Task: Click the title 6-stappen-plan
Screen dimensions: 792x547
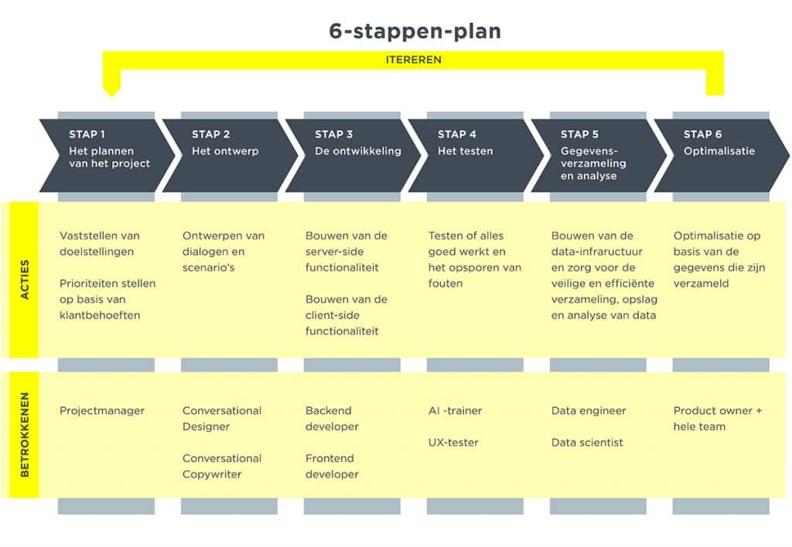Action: coord(415,31)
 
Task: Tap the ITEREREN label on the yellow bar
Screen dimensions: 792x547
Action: coord(414,59)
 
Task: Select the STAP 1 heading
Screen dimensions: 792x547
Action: coord(87,134)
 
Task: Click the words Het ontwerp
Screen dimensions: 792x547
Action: coord(225,151)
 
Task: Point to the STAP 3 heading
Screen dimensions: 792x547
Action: coord(333,134)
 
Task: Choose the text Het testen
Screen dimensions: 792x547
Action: coord(465,151)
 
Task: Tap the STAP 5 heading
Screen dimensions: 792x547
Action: coord(579,134)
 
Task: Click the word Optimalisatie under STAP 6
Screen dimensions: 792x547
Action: coord(719,151)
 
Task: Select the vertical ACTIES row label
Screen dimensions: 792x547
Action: coord(24,280)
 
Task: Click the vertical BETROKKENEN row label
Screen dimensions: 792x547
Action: coord(24,435)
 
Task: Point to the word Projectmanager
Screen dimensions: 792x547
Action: coord(102,411)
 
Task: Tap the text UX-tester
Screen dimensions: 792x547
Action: coord(453,443)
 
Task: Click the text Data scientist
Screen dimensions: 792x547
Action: coord(587,443)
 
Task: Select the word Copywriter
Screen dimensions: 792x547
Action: coord(212,474)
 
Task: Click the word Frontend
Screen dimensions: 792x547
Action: coord(329,458)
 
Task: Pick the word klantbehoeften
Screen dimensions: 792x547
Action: coord(100,315)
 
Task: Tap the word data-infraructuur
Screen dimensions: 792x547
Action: coord(596,252)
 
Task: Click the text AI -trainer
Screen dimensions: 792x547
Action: coord(455,411)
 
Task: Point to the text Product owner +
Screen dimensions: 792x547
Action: coord(718,411)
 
